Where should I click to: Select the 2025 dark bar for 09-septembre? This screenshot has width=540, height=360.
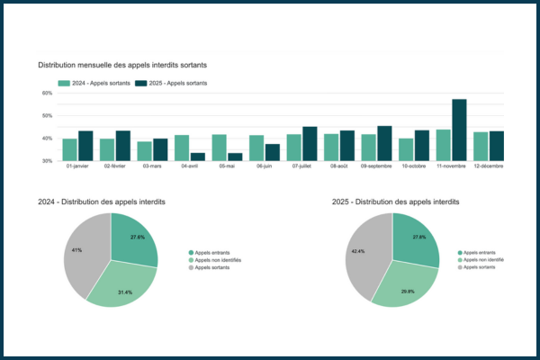click(x=384, y=143)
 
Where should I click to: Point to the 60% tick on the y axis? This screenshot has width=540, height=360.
click(x=46, y=93)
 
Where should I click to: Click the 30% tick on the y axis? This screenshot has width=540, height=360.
click(x=46, y=161)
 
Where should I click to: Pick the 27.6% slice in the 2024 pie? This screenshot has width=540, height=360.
click(x=133, y=238)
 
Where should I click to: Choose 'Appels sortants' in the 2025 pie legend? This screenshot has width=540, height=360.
click(x=480, y=267)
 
